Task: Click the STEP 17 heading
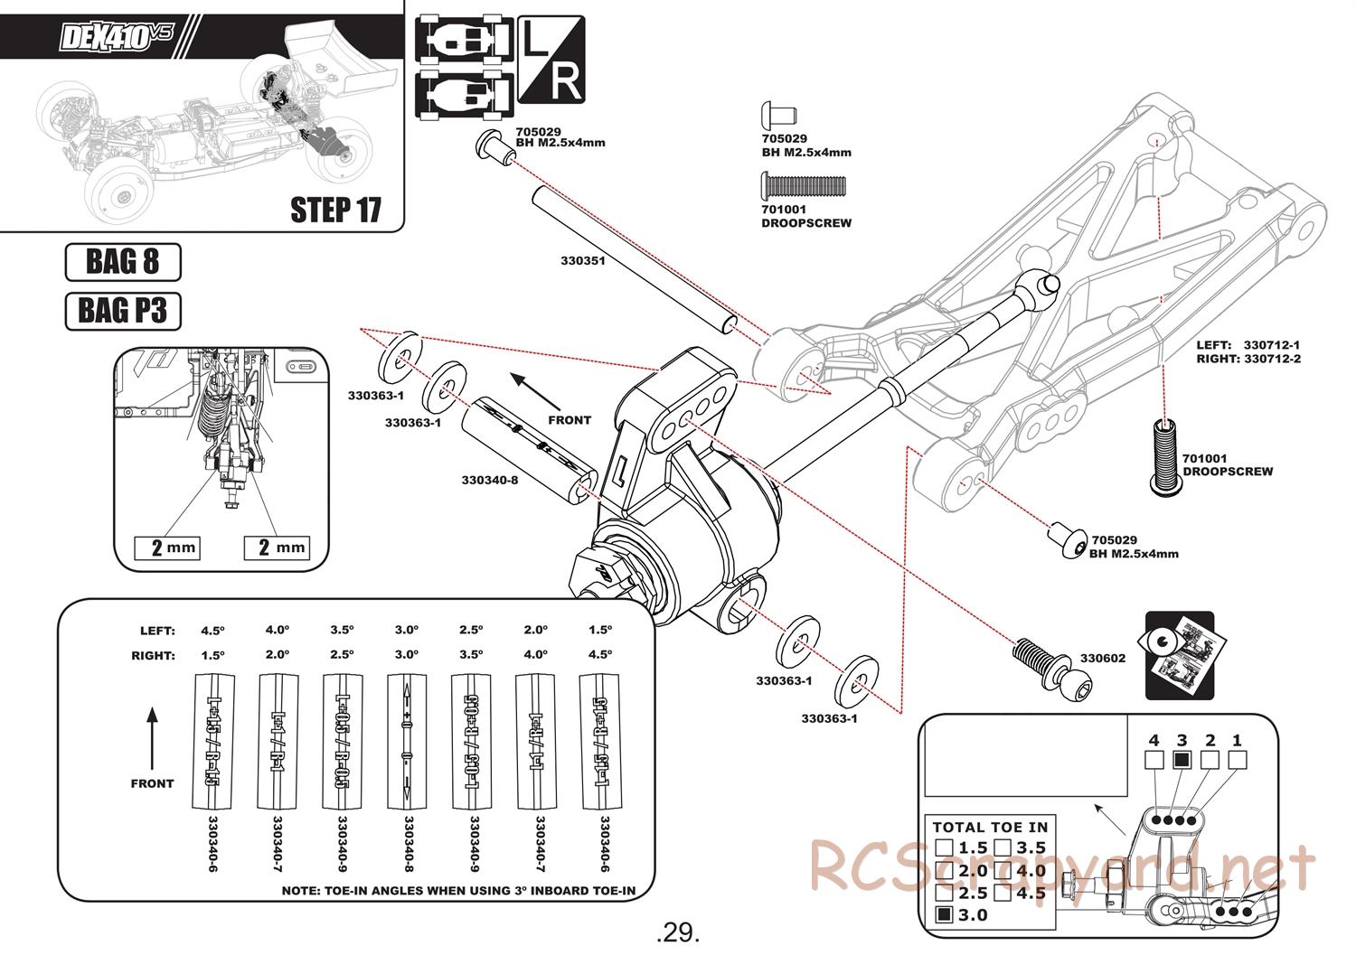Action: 335,210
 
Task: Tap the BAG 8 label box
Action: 123,262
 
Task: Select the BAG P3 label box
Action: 123,311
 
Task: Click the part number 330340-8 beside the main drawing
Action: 489,480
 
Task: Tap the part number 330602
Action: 1102,658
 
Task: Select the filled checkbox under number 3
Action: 1181,760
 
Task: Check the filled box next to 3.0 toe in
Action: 945,914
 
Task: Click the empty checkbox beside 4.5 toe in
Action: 1003,893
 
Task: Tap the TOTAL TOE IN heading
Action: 990,827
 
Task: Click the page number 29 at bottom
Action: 679,931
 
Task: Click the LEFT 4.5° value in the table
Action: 212,630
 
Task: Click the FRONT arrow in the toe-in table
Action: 152,741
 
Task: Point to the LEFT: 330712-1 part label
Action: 1248,344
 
